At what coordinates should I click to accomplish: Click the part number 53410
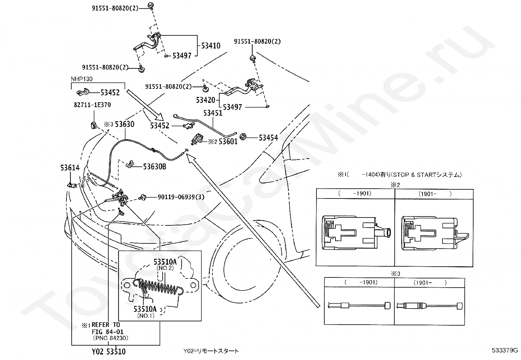click(x=211, y=46)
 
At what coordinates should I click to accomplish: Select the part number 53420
click(x=206, y=100)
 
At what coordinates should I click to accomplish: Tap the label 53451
click(x=213, y=113)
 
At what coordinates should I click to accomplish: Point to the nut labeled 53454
click(x=243, y=137)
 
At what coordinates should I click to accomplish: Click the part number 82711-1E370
click(x=92, y=105)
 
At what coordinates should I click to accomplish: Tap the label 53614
click(x=70, y=168)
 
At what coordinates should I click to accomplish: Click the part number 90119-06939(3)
click(x=181, y=197)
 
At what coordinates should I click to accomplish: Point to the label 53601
click(x=228, y=141)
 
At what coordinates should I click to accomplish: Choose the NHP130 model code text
click(x=81, y=79)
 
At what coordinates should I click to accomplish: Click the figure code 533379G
click(x=505, y=351)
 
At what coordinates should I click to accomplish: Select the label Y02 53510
click(x=109, y=351)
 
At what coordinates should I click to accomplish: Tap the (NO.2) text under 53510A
click(x=165, y=268)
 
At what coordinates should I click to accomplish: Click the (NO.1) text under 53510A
click(x=146, y=315)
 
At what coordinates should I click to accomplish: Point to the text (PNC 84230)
click(x=111, y=338)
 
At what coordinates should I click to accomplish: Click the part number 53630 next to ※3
click(x=125, y=124)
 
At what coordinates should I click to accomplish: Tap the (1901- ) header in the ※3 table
click(x=430, y=283)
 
